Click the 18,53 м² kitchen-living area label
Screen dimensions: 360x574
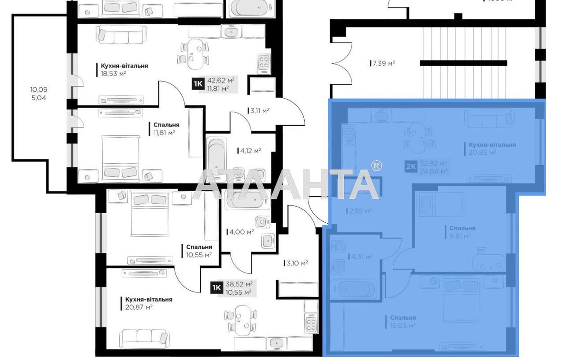point(122,70)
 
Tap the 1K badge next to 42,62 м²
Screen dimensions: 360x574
point(198,84)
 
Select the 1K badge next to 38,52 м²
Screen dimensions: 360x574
point(217,288)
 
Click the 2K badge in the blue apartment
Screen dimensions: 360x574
point(411,166)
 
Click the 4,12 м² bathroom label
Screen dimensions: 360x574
point(250,151)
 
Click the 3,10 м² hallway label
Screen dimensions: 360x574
point(296,263)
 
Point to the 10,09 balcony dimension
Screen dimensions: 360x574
point(37,89)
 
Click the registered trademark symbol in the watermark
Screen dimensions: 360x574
point(377,166)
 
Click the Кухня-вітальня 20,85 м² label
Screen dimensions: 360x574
point(492,148)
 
